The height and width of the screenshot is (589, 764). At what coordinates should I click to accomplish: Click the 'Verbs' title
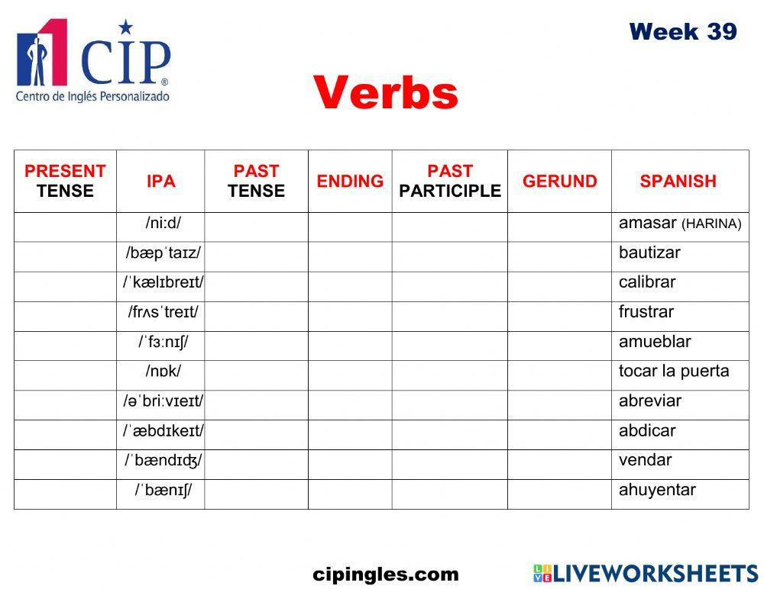[385, 93]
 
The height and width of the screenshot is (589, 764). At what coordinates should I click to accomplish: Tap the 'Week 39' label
[682, 31]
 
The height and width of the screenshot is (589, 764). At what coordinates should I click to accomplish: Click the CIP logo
[92, 60]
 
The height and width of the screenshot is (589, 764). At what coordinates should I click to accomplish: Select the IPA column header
[160, 181]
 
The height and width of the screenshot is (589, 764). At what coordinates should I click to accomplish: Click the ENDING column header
[350, 181]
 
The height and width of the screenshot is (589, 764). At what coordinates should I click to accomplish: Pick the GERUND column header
[559, 181]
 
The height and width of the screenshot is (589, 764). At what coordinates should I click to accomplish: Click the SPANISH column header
[678, 181]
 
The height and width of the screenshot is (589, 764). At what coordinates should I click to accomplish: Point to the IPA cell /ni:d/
[163, 224]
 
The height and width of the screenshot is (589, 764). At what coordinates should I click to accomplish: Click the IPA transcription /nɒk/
[163, 372]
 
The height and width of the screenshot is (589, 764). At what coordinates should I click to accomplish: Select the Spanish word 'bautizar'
[649, 253]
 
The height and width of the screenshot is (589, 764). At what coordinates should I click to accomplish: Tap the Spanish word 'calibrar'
[647, 282]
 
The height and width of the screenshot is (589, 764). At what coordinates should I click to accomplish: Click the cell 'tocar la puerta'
[674, 372]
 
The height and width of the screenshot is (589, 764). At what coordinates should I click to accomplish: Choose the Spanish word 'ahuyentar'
[657, 490]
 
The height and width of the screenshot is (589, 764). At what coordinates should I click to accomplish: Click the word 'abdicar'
[647, 430]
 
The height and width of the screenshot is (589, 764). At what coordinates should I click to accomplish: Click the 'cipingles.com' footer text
[386, 575]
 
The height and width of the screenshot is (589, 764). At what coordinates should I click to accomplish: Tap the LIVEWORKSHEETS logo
[645, 574]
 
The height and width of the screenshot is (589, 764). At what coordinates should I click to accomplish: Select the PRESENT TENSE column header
[65, 181]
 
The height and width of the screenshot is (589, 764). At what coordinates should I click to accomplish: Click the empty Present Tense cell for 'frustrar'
[65, 312]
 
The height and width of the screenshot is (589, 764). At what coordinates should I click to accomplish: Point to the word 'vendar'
[645, 460]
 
